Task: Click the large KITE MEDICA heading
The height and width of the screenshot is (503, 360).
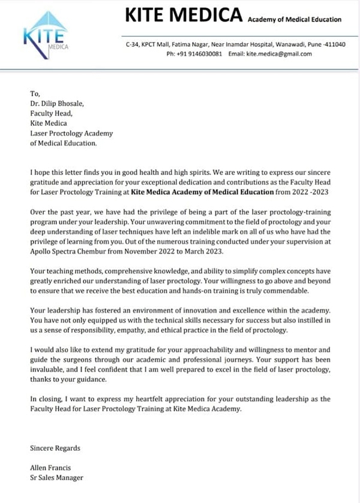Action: [x=184, y=16]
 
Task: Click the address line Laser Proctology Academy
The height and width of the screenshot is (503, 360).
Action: [x=71, y=133]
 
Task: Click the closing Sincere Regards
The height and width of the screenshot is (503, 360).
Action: [x=55, y=448]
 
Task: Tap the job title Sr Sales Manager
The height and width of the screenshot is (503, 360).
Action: [x=56, y=477]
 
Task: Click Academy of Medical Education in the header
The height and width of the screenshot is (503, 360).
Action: [x=295, y=19]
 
